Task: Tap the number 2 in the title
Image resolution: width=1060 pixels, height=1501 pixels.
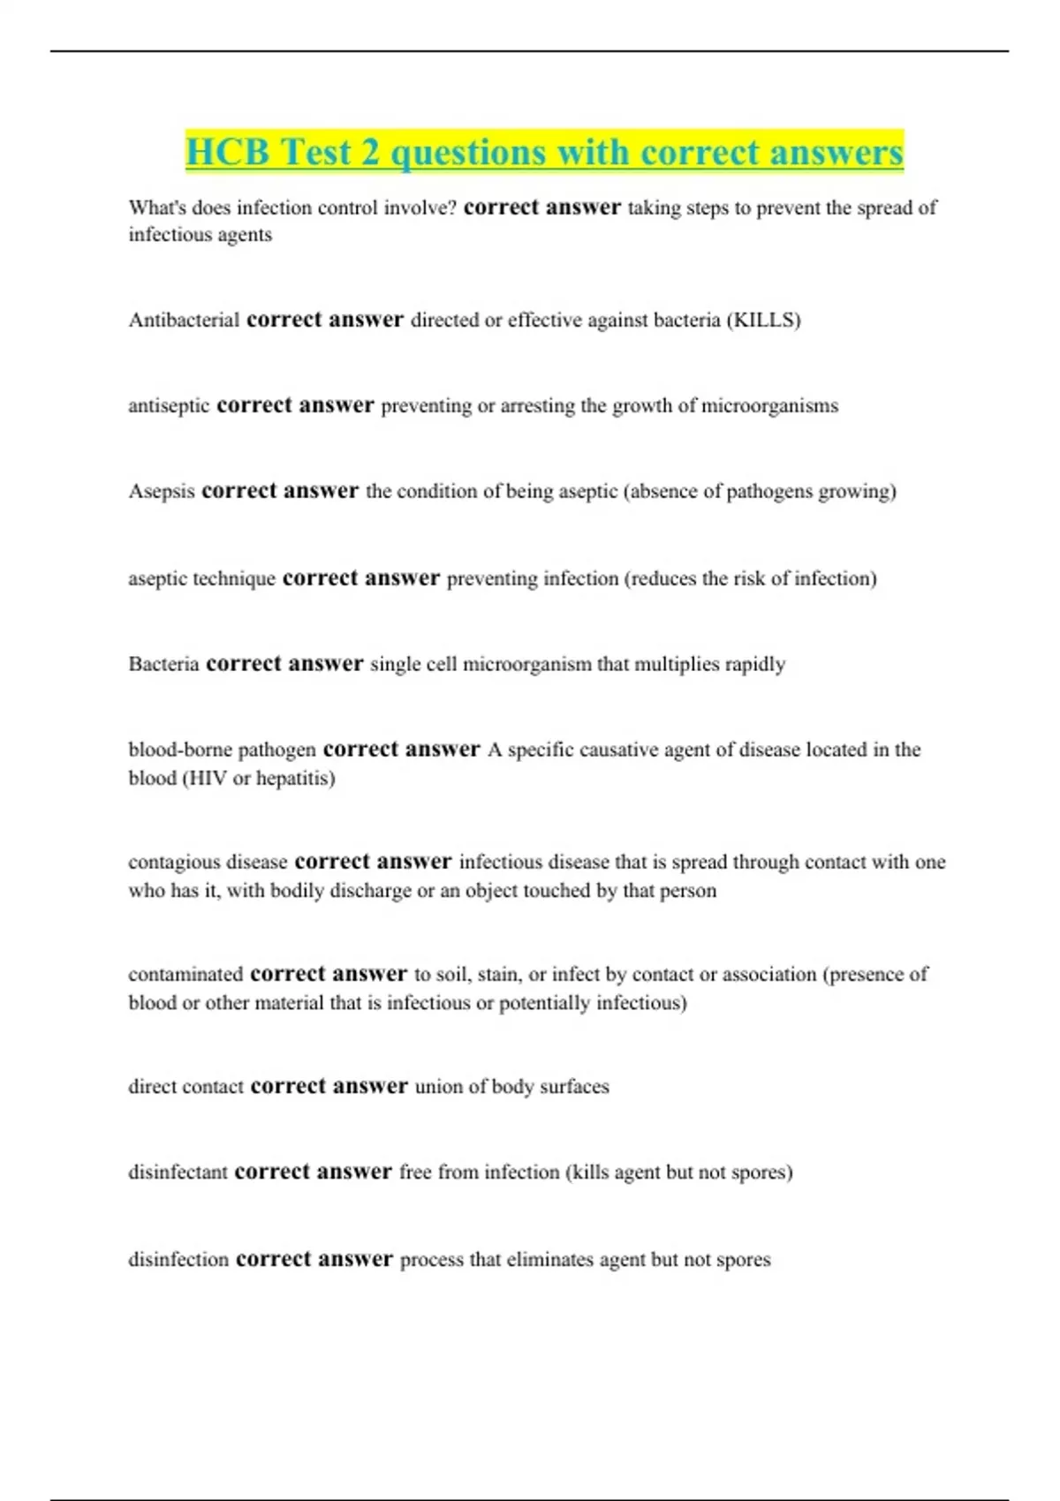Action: pos(370,153)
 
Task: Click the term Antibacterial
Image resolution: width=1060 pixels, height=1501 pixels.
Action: pos(184,320)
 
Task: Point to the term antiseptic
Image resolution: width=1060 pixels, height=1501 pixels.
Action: pos(169,405)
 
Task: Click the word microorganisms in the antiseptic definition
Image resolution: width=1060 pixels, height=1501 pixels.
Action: pos(769,405)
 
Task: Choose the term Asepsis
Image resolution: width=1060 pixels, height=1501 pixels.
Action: pos(162,491)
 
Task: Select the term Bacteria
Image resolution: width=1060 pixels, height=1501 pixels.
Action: pos(163,664)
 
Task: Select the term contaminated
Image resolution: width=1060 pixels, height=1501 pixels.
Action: pos(185,974)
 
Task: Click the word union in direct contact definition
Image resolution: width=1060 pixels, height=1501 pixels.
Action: pos(439,1086)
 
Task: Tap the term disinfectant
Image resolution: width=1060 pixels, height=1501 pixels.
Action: pos(178,1172)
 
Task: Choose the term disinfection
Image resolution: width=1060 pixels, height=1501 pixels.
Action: pos(178,1259)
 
